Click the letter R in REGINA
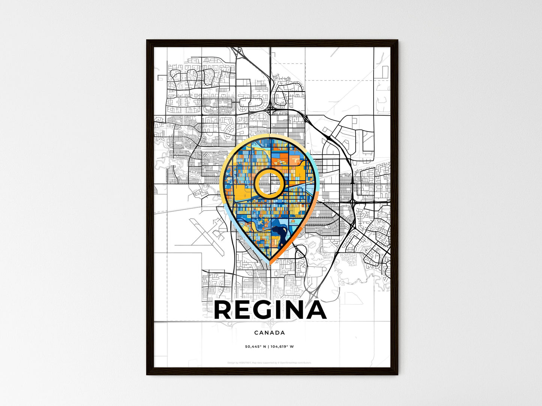(x=224, y=310)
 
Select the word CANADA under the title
(x=269, y=333)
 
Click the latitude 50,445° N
(x=255, y=346)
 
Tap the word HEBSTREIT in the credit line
(x=245, y=363)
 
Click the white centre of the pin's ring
(x=269, y=183)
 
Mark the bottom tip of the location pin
(x=269, y=260)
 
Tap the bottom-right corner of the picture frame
(x=398, y=374)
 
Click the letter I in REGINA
(x=278, y=310)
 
